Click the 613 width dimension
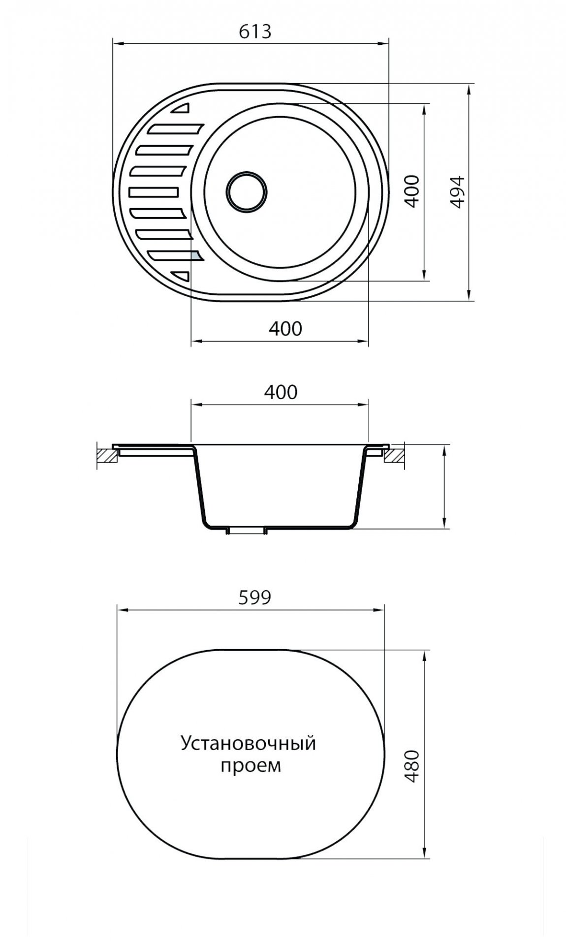click(x=255, y=31)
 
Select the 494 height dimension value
click(x=458, y=192)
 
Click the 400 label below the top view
click(x=285, y=328)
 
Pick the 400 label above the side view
click(x=281, y=392)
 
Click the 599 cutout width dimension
click(x=255, y=597)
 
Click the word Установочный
click(x=248, y=743)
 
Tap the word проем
click(x=251, y=766)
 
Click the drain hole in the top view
click(x=247, y=192)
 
